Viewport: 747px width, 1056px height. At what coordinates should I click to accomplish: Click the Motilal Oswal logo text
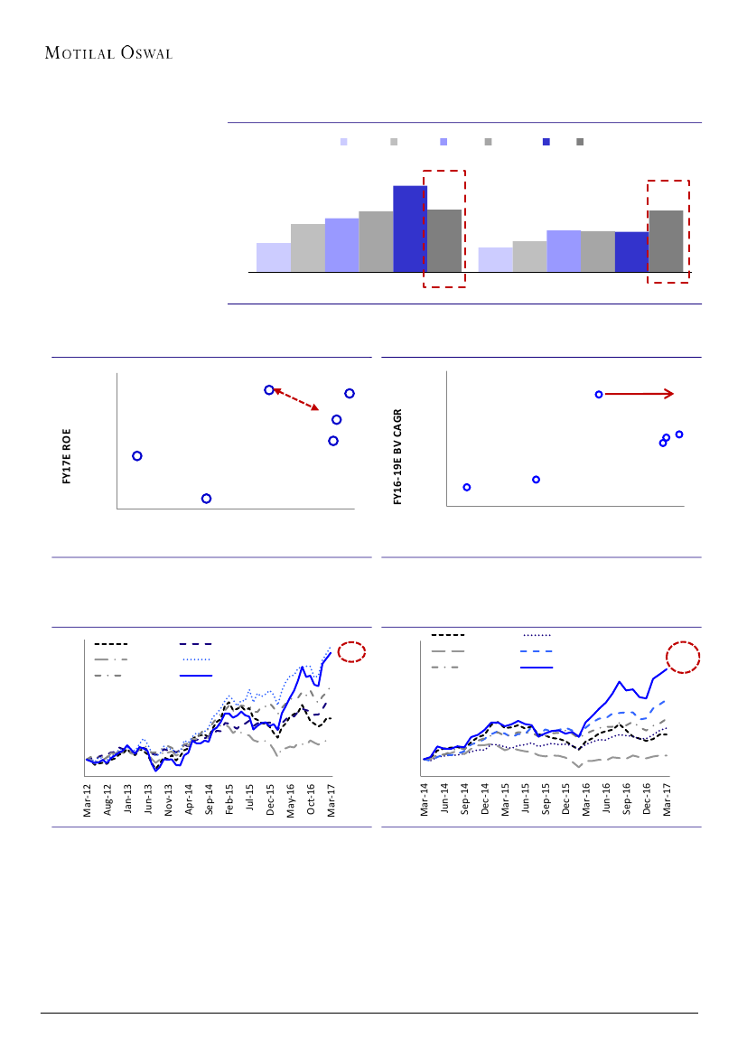point(108,51)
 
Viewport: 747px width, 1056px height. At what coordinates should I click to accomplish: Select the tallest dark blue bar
point(410,229)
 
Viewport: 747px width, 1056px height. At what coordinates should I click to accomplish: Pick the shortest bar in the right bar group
point(495,259)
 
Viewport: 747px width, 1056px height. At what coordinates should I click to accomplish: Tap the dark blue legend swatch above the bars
point(546,142)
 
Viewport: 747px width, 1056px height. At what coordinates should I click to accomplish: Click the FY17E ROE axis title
point(67,458)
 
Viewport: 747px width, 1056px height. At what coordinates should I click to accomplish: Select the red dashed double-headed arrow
point(296,399)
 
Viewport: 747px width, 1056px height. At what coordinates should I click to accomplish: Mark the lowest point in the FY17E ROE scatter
point(207,499)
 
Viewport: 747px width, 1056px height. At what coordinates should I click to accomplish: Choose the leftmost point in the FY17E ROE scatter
point(137,456)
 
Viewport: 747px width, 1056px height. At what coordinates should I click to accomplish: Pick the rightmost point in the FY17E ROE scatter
point(350,393)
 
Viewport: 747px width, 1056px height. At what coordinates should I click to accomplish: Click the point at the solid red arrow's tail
point(598,394)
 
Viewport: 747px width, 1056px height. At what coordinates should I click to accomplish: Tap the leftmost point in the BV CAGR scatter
point(467,487)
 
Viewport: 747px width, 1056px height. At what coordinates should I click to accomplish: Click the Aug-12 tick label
point(108,799)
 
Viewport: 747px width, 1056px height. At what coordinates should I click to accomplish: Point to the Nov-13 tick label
point(169,799)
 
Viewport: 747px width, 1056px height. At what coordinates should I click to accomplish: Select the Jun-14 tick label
point(444,799)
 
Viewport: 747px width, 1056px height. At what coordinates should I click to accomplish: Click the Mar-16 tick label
point(586,799)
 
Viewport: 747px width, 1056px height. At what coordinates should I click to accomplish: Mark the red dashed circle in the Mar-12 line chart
point(350,652)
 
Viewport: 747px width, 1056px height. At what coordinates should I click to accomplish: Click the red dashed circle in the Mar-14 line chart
point(682,658)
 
